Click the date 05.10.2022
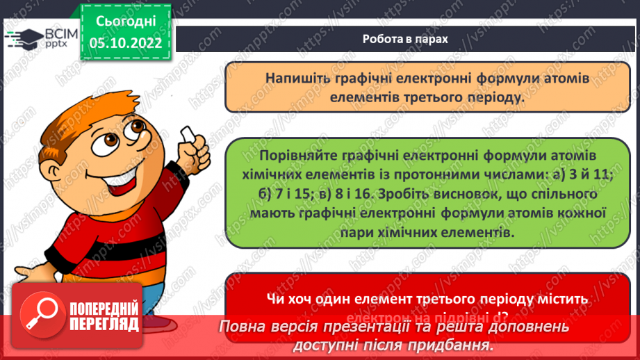coord(125,42)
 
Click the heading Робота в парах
coord(405,39)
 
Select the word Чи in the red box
coord(274,297)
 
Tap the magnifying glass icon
coord(40,315)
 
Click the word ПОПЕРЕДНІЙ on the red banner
coord(104,308)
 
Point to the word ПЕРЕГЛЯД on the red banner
coord(104,324)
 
